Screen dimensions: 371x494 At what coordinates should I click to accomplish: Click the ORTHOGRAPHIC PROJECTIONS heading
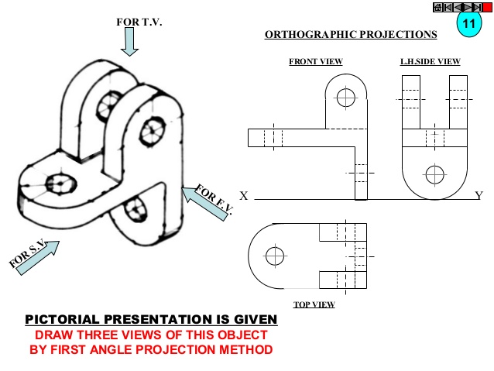pos(351,35)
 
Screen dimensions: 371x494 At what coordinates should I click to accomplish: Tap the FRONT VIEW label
pos(315,61)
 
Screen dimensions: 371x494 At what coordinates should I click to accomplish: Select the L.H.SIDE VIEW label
pos(430,61)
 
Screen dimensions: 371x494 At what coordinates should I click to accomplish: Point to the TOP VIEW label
pos(314,304)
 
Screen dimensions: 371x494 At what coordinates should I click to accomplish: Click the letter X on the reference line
pos(244,197)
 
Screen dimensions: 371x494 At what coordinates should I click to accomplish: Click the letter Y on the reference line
pos(479,196)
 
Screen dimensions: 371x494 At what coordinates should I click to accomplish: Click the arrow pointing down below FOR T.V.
pos(129,43)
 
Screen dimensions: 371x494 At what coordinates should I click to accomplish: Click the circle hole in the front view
pos(345,98)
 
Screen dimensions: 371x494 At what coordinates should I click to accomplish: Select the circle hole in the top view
pos(273,255)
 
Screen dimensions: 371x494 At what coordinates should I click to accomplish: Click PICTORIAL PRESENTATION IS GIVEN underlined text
pos(150,320)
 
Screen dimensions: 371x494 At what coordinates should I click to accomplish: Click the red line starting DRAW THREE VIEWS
pos(149,335)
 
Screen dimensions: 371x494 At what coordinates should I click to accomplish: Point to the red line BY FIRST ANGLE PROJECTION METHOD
pos(151,349)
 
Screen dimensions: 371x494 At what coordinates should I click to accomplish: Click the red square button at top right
pos(488,7)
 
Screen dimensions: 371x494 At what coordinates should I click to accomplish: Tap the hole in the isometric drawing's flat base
pos(59,184)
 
